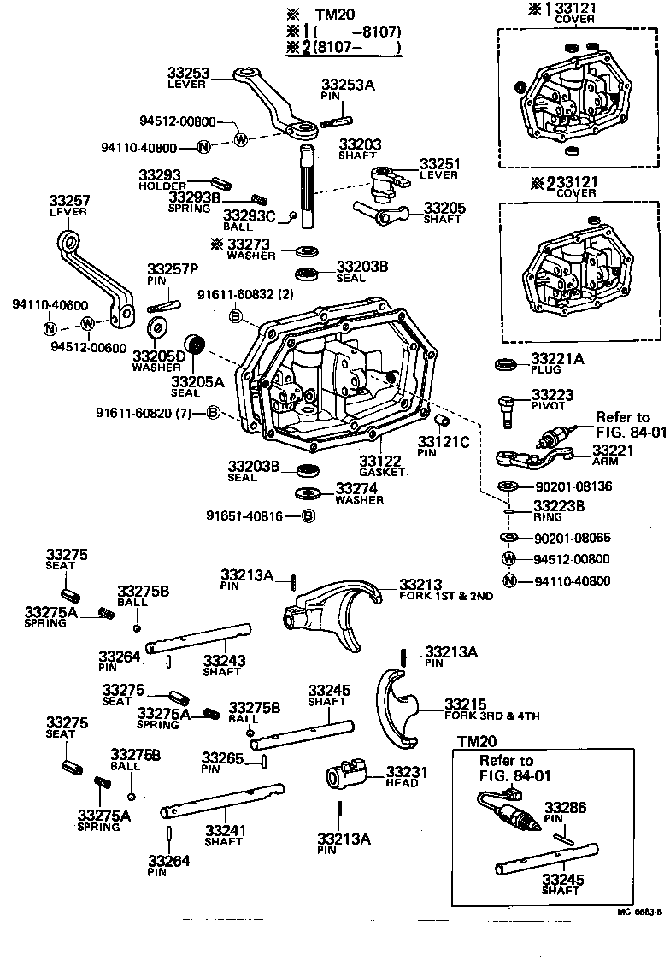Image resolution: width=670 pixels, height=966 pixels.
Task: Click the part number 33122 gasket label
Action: pos(379,461)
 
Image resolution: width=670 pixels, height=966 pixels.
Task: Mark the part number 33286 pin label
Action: pos(565,806)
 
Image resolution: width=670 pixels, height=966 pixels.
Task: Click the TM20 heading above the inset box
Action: pos(477,741)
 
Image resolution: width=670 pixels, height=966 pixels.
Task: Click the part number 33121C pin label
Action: pos(444,442)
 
